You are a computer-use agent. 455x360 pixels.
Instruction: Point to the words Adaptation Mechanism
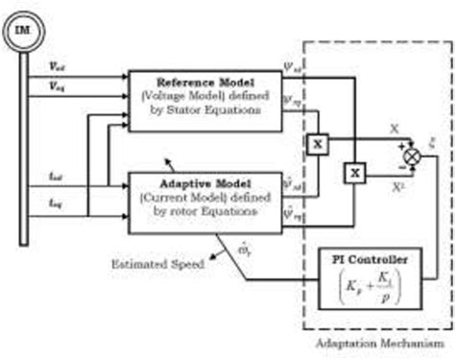[379, 343]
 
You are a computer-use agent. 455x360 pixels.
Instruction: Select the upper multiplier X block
[316, 144]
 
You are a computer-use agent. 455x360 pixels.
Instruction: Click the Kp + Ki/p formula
[371, 292]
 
